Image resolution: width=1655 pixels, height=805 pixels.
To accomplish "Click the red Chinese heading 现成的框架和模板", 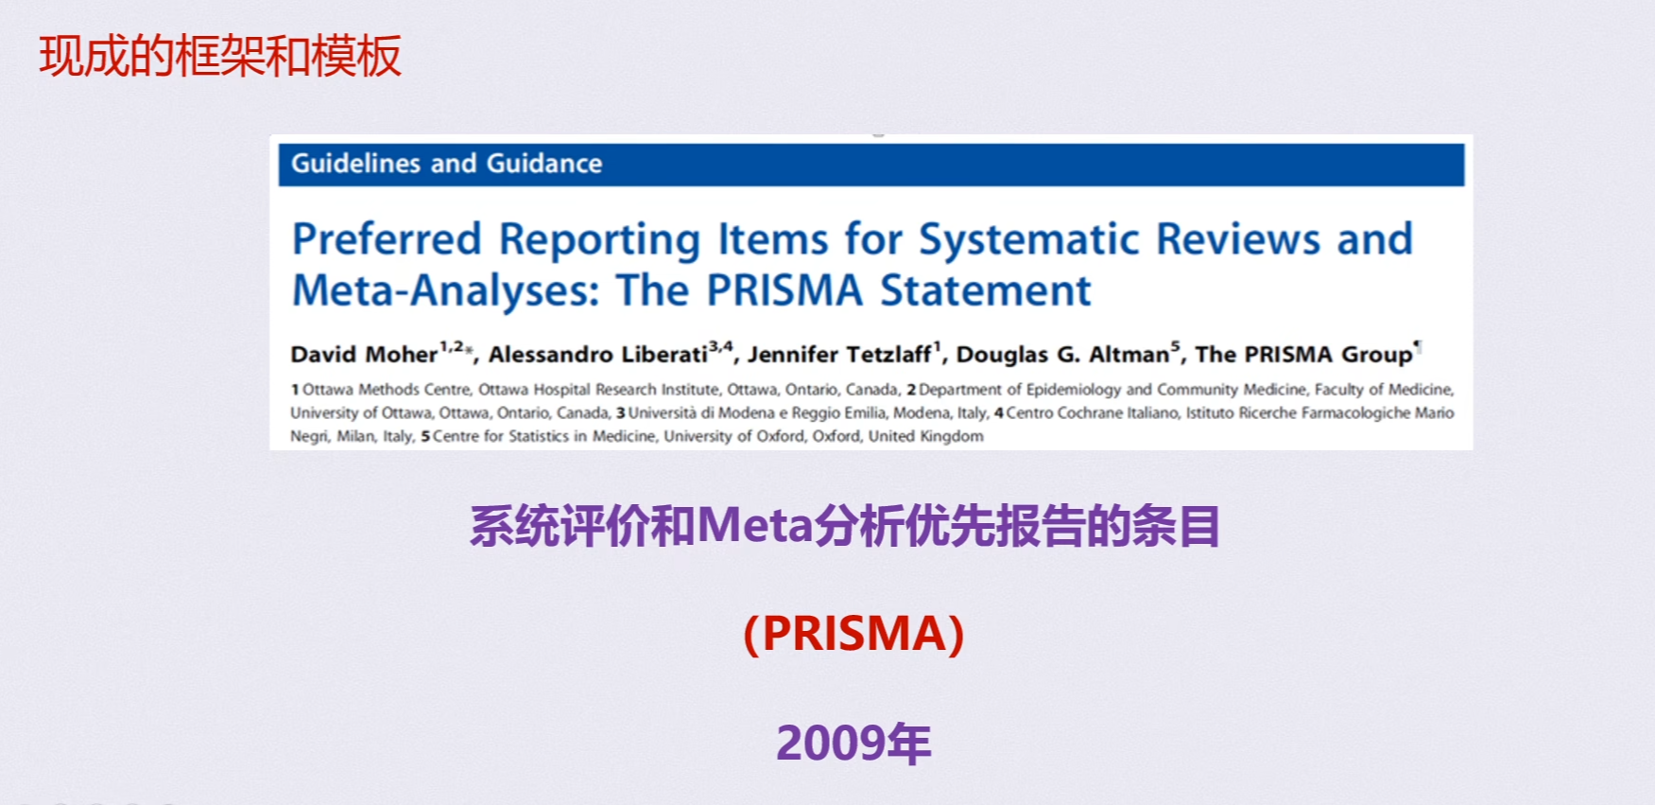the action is tap(220, 56).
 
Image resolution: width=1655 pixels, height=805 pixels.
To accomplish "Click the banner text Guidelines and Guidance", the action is tap(446, 164).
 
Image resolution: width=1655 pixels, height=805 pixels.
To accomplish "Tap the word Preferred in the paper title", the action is tap(387, 239).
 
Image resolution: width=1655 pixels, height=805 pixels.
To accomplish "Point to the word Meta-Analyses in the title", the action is tap(446, 290).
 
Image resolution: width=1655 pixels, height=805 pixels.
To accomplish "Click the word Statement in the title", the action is tap(986, 290).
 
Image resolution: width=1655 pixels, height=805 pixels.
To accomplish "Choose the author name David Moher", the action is tap(364, 355).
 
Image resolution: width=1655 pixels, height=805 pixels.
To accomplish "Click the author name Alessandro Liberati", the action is tap(598, 355).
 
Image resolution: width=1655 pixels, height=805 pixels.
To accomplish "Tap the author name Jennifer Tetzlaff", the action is tap(839, 355).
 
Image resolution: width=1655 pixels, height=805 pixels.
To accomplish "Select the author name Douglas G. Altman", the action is tap(1063, 355).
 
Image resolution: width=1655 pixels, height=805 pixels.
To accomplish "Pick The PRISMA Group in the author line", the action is tap(1304, 355).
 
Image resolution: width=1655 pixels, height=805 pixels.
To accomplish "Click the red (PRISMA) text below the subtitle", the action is tap(853, 634).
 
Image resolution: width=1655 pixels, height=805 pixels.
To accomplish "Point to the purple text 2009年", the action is tap(853, 744).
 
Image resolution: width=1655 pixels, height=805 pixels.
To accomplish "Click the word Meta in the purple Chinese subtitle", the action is tap(755, 525).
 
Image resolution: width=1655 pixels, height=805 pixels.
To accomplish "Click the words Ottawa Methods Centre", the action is tap(388, 390).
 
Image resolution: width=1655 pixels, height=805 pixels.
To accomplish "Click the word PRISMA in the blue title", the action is tap(784, 290).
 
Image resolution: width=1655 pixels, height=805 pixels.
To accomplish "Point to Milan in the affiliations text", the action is tap(355, 436).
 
